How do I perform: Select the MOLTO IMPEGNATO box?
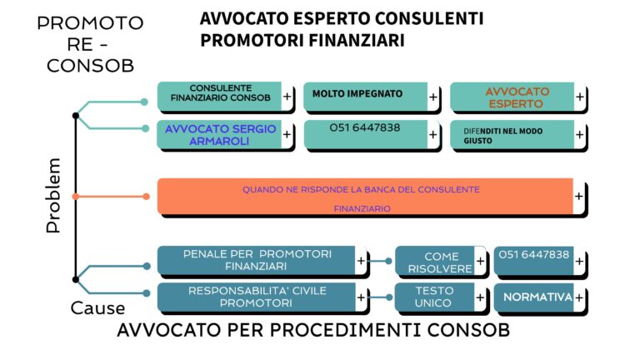[x=372, y=97]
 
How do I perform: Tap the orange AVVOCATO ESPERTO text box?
[x=518, y=97]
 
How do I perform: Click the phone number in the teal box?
[x=365, y=127]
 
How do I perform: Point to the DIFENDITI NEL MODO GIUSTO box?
[x=518, y=134]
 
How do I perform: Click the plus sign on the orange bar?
[x=579, y=197]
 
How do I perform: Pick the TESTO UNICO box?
[x=441, y=297]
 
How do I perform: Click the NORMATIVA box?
[x=540, y=297]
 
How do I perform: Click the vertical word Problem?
[x=53, y=196]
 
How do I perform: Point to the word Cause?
[x=97, y=308]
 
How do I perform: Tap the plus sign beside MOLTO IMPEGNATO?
[x=433, y=97]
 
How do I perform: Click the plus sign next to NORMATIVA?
[x=579, y=298]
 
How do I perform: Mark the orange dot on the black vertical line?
[x=76, y=197]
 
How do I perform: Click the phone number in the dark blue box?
[x=534, y=255]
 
